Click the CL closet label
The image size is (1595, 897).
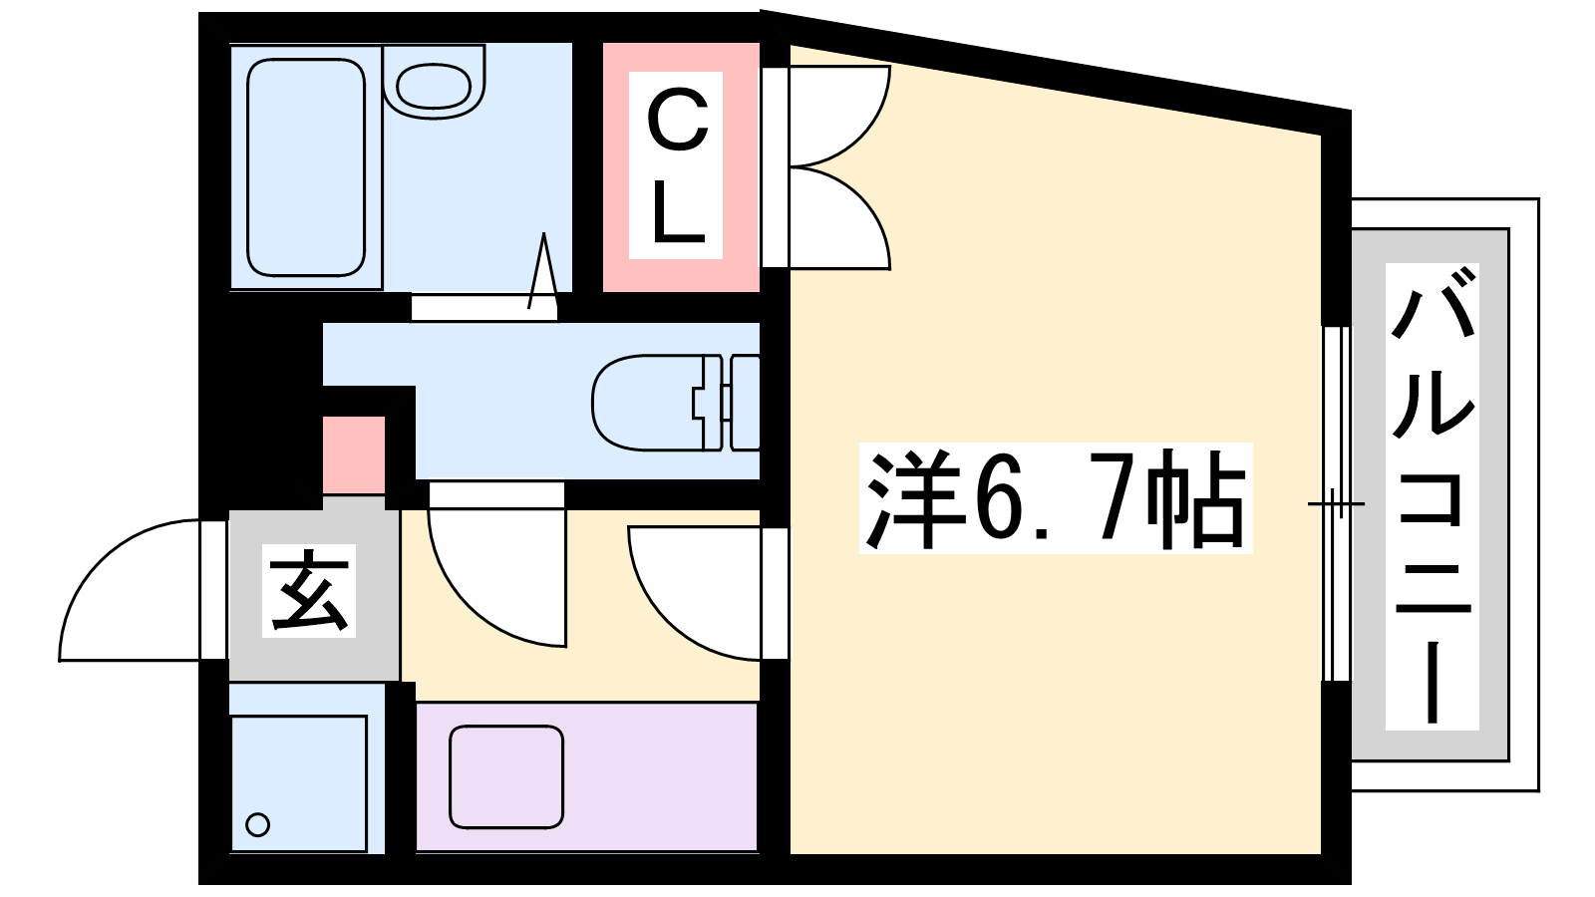point(676,165)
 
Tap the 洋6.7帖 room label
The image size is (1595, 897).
point(1056,498)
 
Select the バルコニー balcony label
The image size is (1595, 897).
point(1432,497)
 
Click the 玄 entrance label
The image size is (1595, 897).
point(309,591)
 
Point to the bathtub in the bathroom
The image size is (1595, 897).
point(306,167)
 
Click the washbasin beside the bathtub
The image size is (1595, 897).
point(433,84)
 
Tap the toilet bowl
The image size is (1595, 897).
point(648,403)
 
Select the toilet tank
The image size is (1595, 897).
point(744,403)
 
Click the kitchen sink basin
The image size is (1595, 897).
point(506,776)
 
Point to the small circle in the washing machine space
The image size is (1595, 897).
point(257,825)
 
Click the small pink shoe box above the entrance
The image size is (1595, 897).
point(354,454)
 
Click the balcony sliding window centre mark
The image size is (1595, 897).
point(1336,504)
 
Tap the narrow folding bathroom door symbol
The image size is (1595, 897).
point(543,270)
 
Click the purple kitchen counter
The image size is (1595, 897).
point(587,776)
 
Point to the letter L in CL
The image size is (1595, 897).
point(678,210)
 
